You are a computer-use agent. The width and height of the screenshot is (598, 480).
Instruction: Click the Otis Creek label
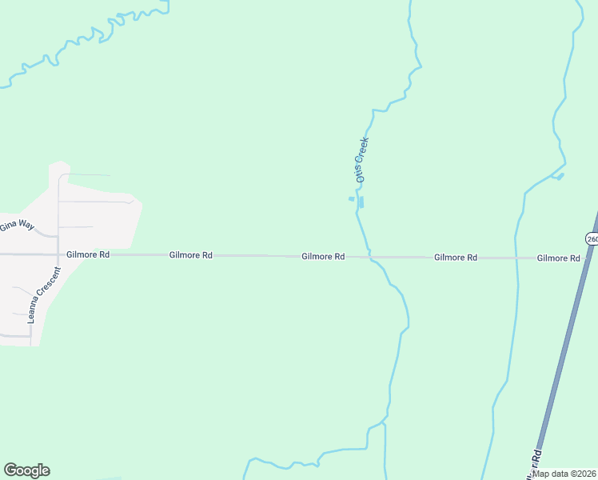coord(362,158)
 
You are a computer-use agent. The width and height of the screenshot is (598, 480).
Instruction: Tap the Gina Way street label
coord(17,226)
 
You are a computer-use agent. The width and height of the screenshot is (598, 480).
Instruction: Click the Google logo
coord(26,470)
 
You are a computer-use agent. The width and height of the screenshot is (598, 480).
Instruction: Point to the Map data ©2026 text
coord(564,473)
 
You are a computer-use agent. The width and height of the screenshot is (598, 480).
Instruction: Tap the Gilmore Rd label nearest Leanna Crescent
coord(88,254)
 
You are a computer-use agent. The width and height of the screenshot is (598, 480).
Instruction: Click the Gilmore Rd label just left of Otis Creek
coord(323,257)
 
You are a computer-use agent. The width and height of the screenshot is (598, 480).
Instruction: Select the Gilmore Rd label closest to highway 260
coord(558,258)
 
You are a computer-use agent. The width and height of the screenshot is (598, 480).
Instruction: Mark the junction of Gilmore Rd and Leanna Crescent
coord(58,254)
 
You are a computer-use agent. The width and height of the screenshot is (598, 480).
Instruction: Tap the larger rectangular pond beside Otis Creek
coord(361,202)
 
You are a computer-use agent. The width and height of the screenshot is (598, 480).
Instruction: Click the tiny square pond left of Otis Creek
coord(351,198)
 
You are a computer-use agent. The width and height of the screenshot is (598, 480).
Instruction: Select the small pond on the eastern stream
coord(560,175)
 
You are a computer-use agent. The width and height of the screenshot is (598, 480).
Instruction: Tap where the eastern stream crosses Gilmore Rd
coord(516,258)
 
